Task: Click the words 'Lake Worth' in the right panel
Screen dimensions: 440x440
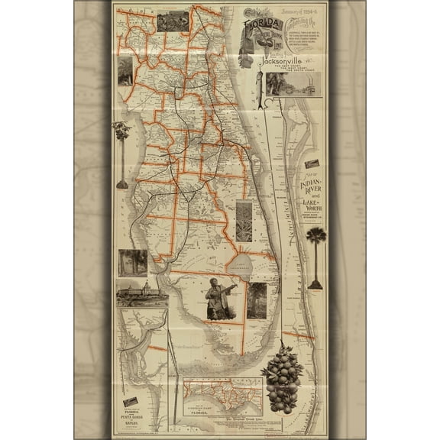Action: [x=312, y=207]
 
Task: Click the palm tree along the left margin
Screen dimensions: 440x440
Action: [x=121, y=153]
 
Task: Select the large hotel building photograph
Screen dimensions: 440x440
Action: [x=142, y=293]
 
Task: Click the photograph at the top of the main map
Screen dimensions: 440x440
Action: [x=173, y=21]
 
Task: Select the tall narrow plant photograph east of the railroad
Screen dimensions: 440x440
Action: [x=244, y=221]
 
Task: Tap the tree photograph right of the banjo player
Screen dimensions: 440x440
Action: [x=257, y=299]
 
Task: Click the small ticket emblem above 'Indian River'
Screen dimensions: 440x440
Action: [x=312, y=164]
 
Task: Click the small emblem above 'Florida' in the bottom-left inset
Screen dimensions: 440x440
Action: [x=131, y=402]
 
